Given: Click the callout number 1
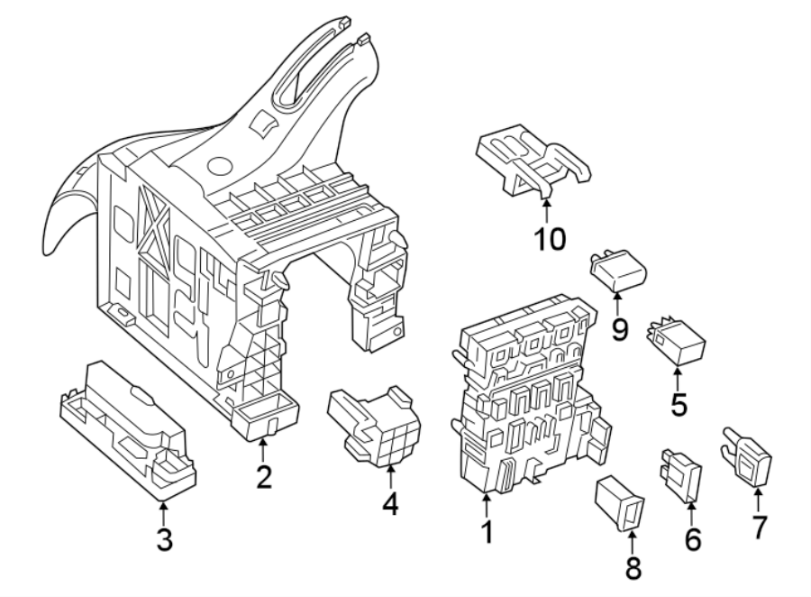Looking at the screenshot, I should (487, 533).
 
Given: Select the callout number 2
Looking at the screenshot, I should (262, 476).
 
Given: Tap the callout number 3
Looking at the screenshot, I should (163, 540).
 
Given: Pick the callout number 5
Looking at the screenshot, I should (678, 404).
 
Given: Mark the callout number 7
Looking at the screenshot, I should (760, 527).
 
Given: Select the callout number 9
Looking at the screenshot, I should (618, 329).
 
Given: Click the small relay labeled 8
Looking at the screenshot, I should (619, 502).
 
